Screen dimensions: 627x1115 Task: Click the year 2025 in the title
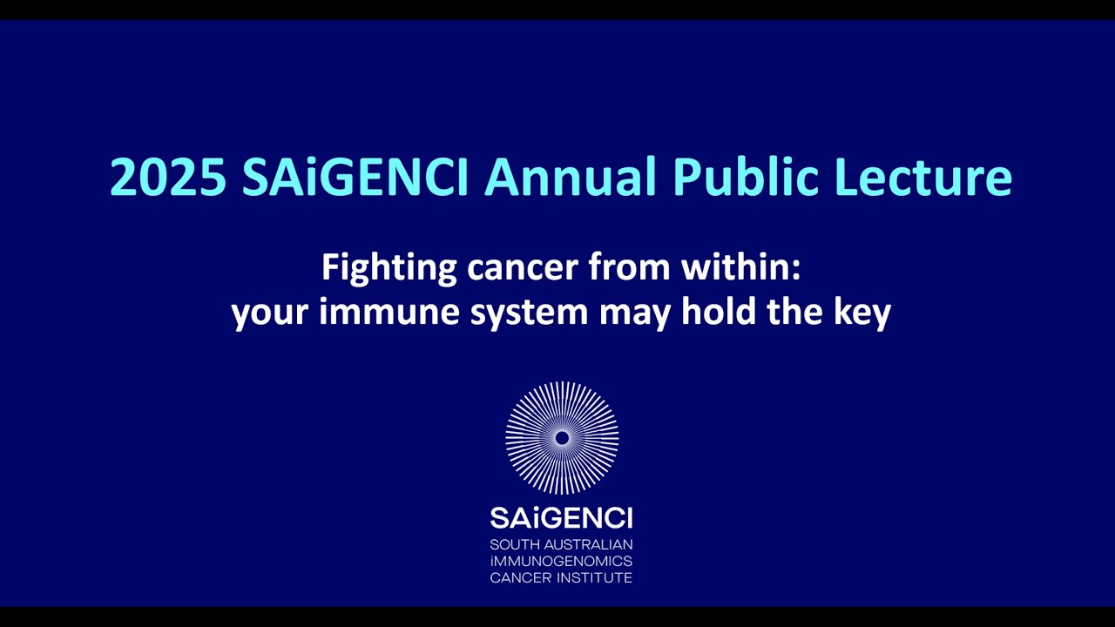point(168,177)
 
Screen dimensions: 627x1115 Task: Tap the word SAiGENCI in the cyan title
point(355,177)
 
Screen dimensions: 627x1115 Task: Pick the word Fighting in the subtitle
point(389,268)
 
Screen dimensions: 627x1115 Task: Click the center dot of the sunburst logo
point(562,438)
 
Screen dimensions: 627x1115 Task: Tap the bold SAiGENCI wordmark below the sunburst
point(561,518)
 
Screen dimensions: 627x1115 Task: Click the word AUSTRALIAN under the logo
point(590,545)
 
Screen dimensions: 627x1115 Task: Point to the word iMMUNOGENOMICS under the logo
point(561,562)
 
